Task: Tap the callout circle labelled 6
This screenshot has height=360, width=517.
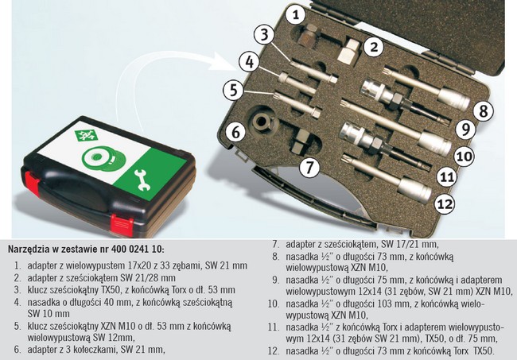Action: tap(236, 133)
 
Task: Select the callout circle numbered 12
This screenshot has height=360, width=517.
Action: tap(445, 204)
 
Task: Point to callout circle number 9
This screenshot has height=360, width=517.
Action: tap(465, 130)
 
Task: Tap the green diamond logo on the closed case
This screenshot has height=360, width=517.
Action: tap(85, 135)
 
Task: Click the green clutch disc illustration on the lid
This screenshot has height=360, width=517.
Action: tap(103, 159)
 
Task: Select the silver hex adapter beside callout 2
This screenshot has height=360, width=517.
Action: tap(349, 50)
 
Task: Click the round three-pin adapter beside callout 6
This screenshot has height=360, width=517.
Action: tap(263, 123)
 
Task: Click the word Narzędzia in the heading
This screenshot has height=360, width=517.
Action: tap(29, 249)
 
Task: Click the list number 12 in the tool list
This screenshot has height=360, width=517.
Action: tap(274, 350)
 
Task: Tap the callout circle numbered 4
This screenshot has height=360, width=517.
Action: tap(250, 62)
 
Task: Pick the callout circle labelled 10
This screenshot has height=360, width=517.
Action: tap(465, 156)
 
